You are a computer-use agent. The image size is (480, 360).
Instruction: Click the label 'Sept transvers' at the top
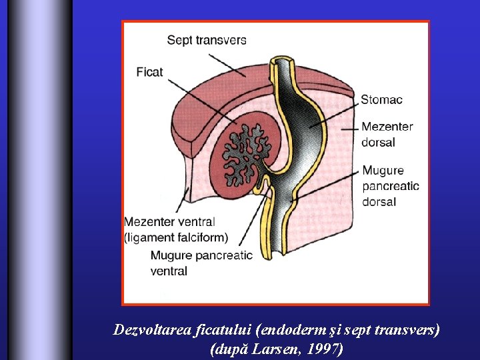point(206,40)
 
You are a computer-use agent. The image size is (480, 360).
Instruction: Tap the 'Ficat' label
point(149,71)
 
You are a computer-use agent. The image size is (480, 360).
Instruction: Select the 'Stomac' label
point(381,100)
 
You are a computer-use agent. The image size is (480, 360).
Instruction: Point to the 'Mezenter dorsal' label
point(387,134)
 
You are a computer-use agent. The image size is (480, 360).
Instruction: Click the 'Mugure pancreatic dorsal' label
point(391,186)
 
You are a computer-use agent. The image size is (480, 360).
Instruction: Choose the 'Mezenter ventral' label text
point(169,222)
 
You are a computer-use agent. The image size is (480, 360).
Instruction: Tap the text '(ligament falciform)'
point(176,237)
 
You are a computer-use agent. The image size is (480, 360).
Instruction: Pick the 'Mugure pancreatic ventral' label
point(201,263)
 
